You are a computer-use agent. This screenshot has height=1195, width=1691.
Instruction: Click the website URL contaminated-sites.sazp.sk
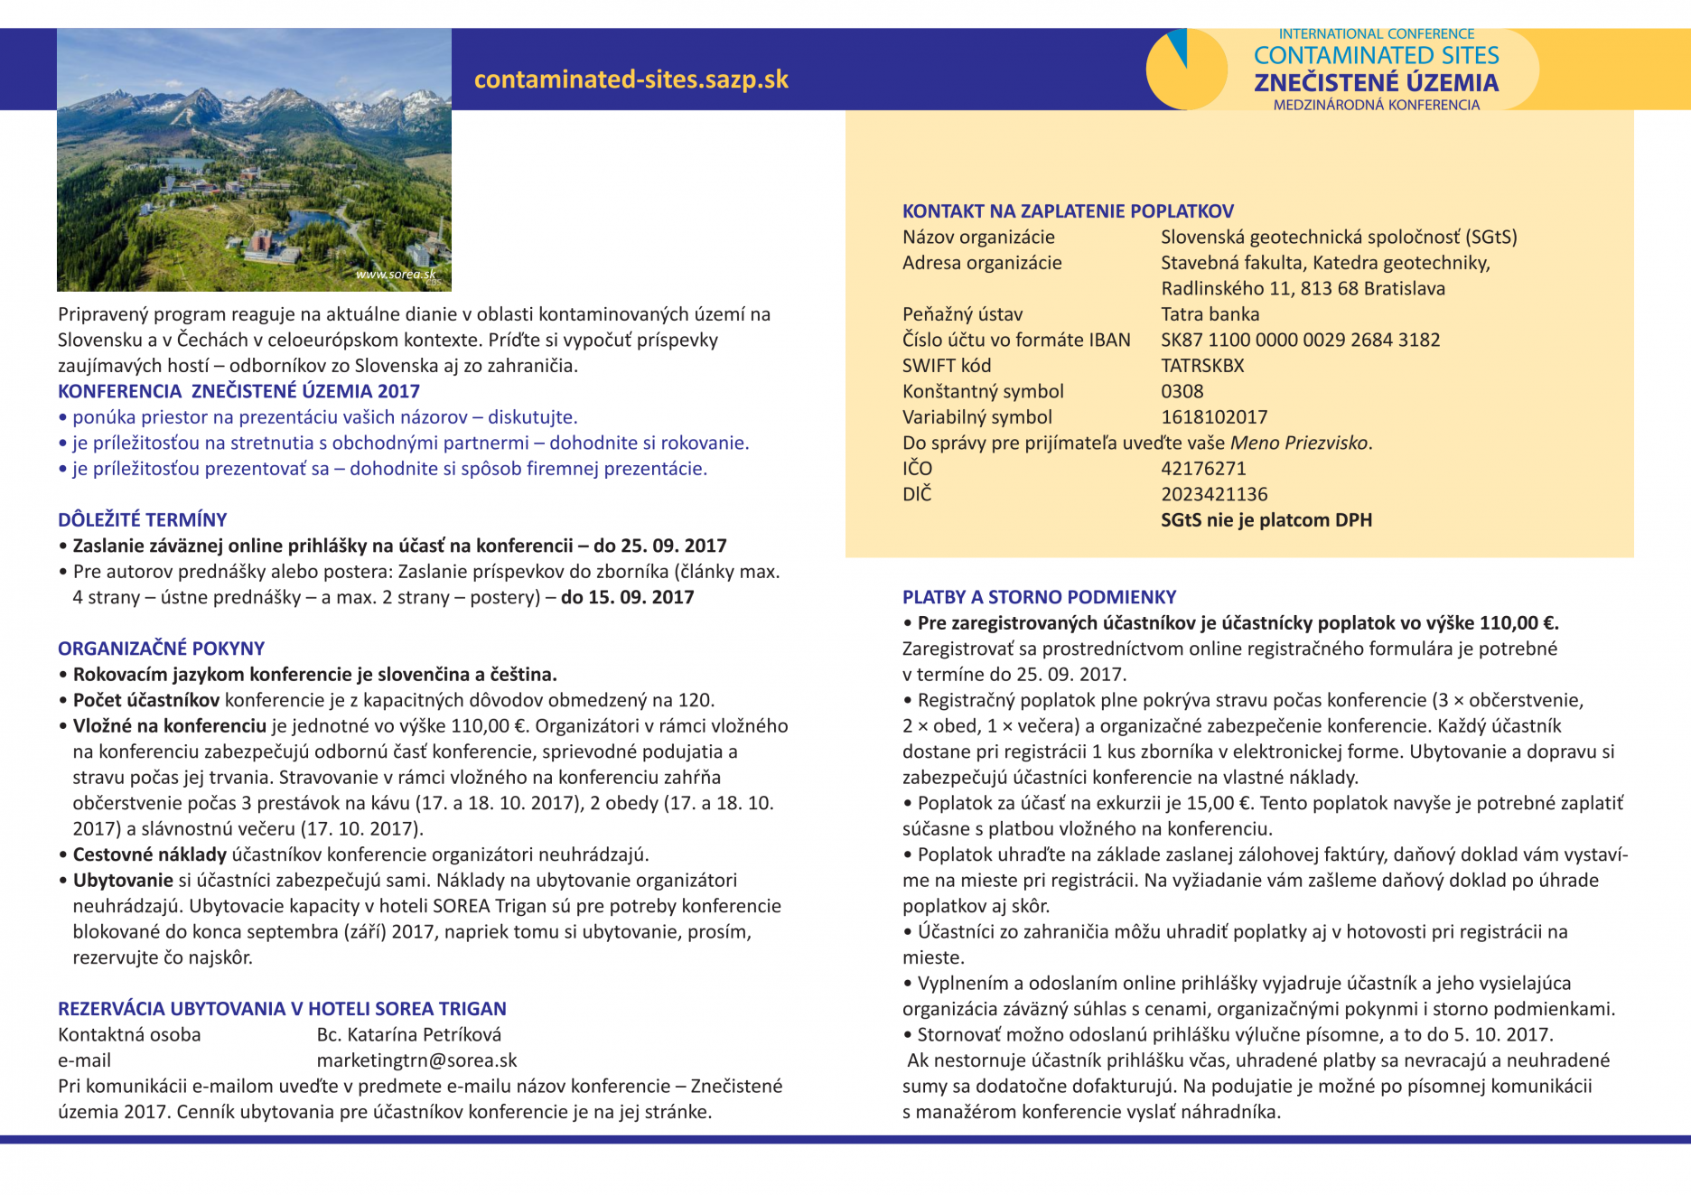pyautogui.click(x=631, y=79)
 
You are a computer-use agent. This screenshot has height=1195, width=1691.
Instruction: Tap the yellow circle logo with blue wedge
pyautogui.click(x=1185, y=70)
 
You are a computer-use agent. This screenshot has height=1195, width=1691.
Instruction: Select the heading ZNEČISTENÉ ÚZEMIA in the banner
pyautogui.click(x=1376, y=83)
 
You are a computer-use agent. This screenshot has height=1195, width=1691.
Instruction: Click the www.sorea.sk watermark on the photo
pyautogui.click(x=396, y=274)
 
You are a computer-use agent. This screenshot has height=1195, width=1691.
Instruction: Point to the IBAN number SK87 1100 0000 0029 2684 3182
pyautogui.click(x=1300, y=341)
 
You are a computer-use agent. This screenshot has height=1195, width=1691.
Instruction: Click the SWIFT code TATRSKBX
pyautogui.click(x=1202, y=366)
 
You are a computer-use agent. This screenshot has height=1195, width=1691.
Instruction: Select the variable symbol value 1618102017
pyautogui.click(x=1214, y=417)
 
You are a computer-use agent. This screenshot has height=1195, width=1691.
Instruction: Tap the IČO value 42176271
pyautogui.click(x=1203, y=469)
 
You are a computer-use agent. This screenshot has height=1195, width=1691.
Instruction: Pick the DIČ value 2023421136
pyautogui.click(x=1214, y=495)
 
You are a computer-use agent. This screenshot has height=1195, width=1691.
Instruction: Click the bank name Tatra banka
pyautogui.click(x=1210, y=314)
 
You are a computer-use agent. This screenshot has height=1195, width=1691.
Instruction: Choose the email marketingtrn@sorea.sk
pyautogui.click(x=416, y=1060)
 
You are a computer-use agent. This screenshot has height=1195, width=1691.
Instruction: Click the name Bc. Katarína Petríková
pyautogui.click(x=408, y=1035)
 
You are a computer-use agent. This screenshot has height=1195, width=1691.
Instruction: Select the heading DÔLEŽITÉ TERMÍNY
pyautogui.click(x=142, y=520)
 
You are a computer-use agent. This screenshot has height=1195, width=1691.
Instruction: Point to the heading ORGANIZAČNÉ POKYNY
pyautogui.click(x=161, y=649)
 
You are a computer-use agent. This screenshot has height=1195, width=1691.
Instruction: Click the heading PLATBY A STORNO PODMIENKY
pyautogui.click(x=1039, y=597)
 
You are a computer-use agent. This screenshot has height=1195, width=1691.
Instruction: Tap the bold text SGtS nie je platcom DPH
pyautogui.click(x=1266, y=520)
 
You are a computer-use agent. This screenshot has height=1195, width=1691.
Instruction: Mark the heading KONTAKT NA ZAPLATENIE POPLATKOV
pyautogui.click(x=1068, y=211)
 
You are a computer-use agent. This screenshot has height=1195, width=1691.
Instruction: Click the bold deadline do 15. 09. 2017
pyautogui.click(x=627, y=597)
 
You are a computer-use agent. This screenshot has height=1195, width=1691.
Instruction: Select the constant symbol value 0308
pyautogui.click(x=1182, y=392)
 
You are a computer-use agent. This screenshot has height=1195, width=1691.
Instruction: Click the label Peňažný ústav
pyautogui.click(x=962, y=314)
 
